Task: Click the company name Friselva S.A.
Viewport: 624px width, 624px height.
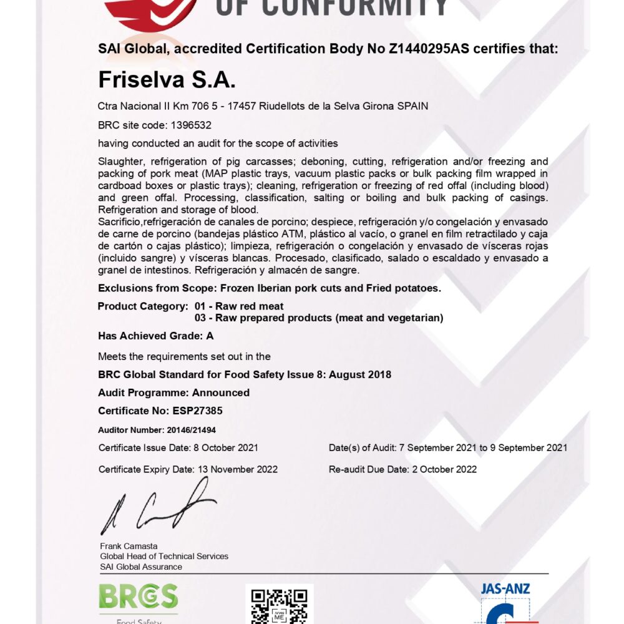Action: click(x=167, y=80)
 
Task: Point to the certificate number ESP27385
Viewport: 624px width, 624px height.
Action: click(x=196, y=411)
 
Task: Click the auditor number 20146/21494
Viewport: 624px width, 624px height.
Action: click(x=192, y=430)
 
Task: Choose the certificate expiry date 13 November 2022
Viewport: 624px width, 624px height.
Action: click(x=238, y=469)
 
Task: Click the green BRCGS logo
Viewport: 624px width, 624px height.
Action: click(x=138, y=598)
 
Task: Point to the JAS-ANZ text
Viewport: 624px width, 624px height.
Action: click(x=505, y=588)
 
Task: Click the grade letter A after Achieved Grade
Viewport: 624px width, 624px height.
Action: click(x=210, y=336)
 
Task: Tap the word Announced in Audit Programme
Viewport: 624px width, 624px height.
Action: click(x=221, y=392)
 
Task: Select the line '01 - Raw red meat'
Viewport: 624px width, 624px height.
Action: click(x=239, y=306)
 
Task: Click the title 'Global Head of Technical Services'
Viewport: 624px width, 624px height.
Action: click(x=164, y=556)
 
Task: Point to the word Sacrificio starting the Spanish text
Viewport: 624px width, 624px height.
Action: click(x=120, y=222)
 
